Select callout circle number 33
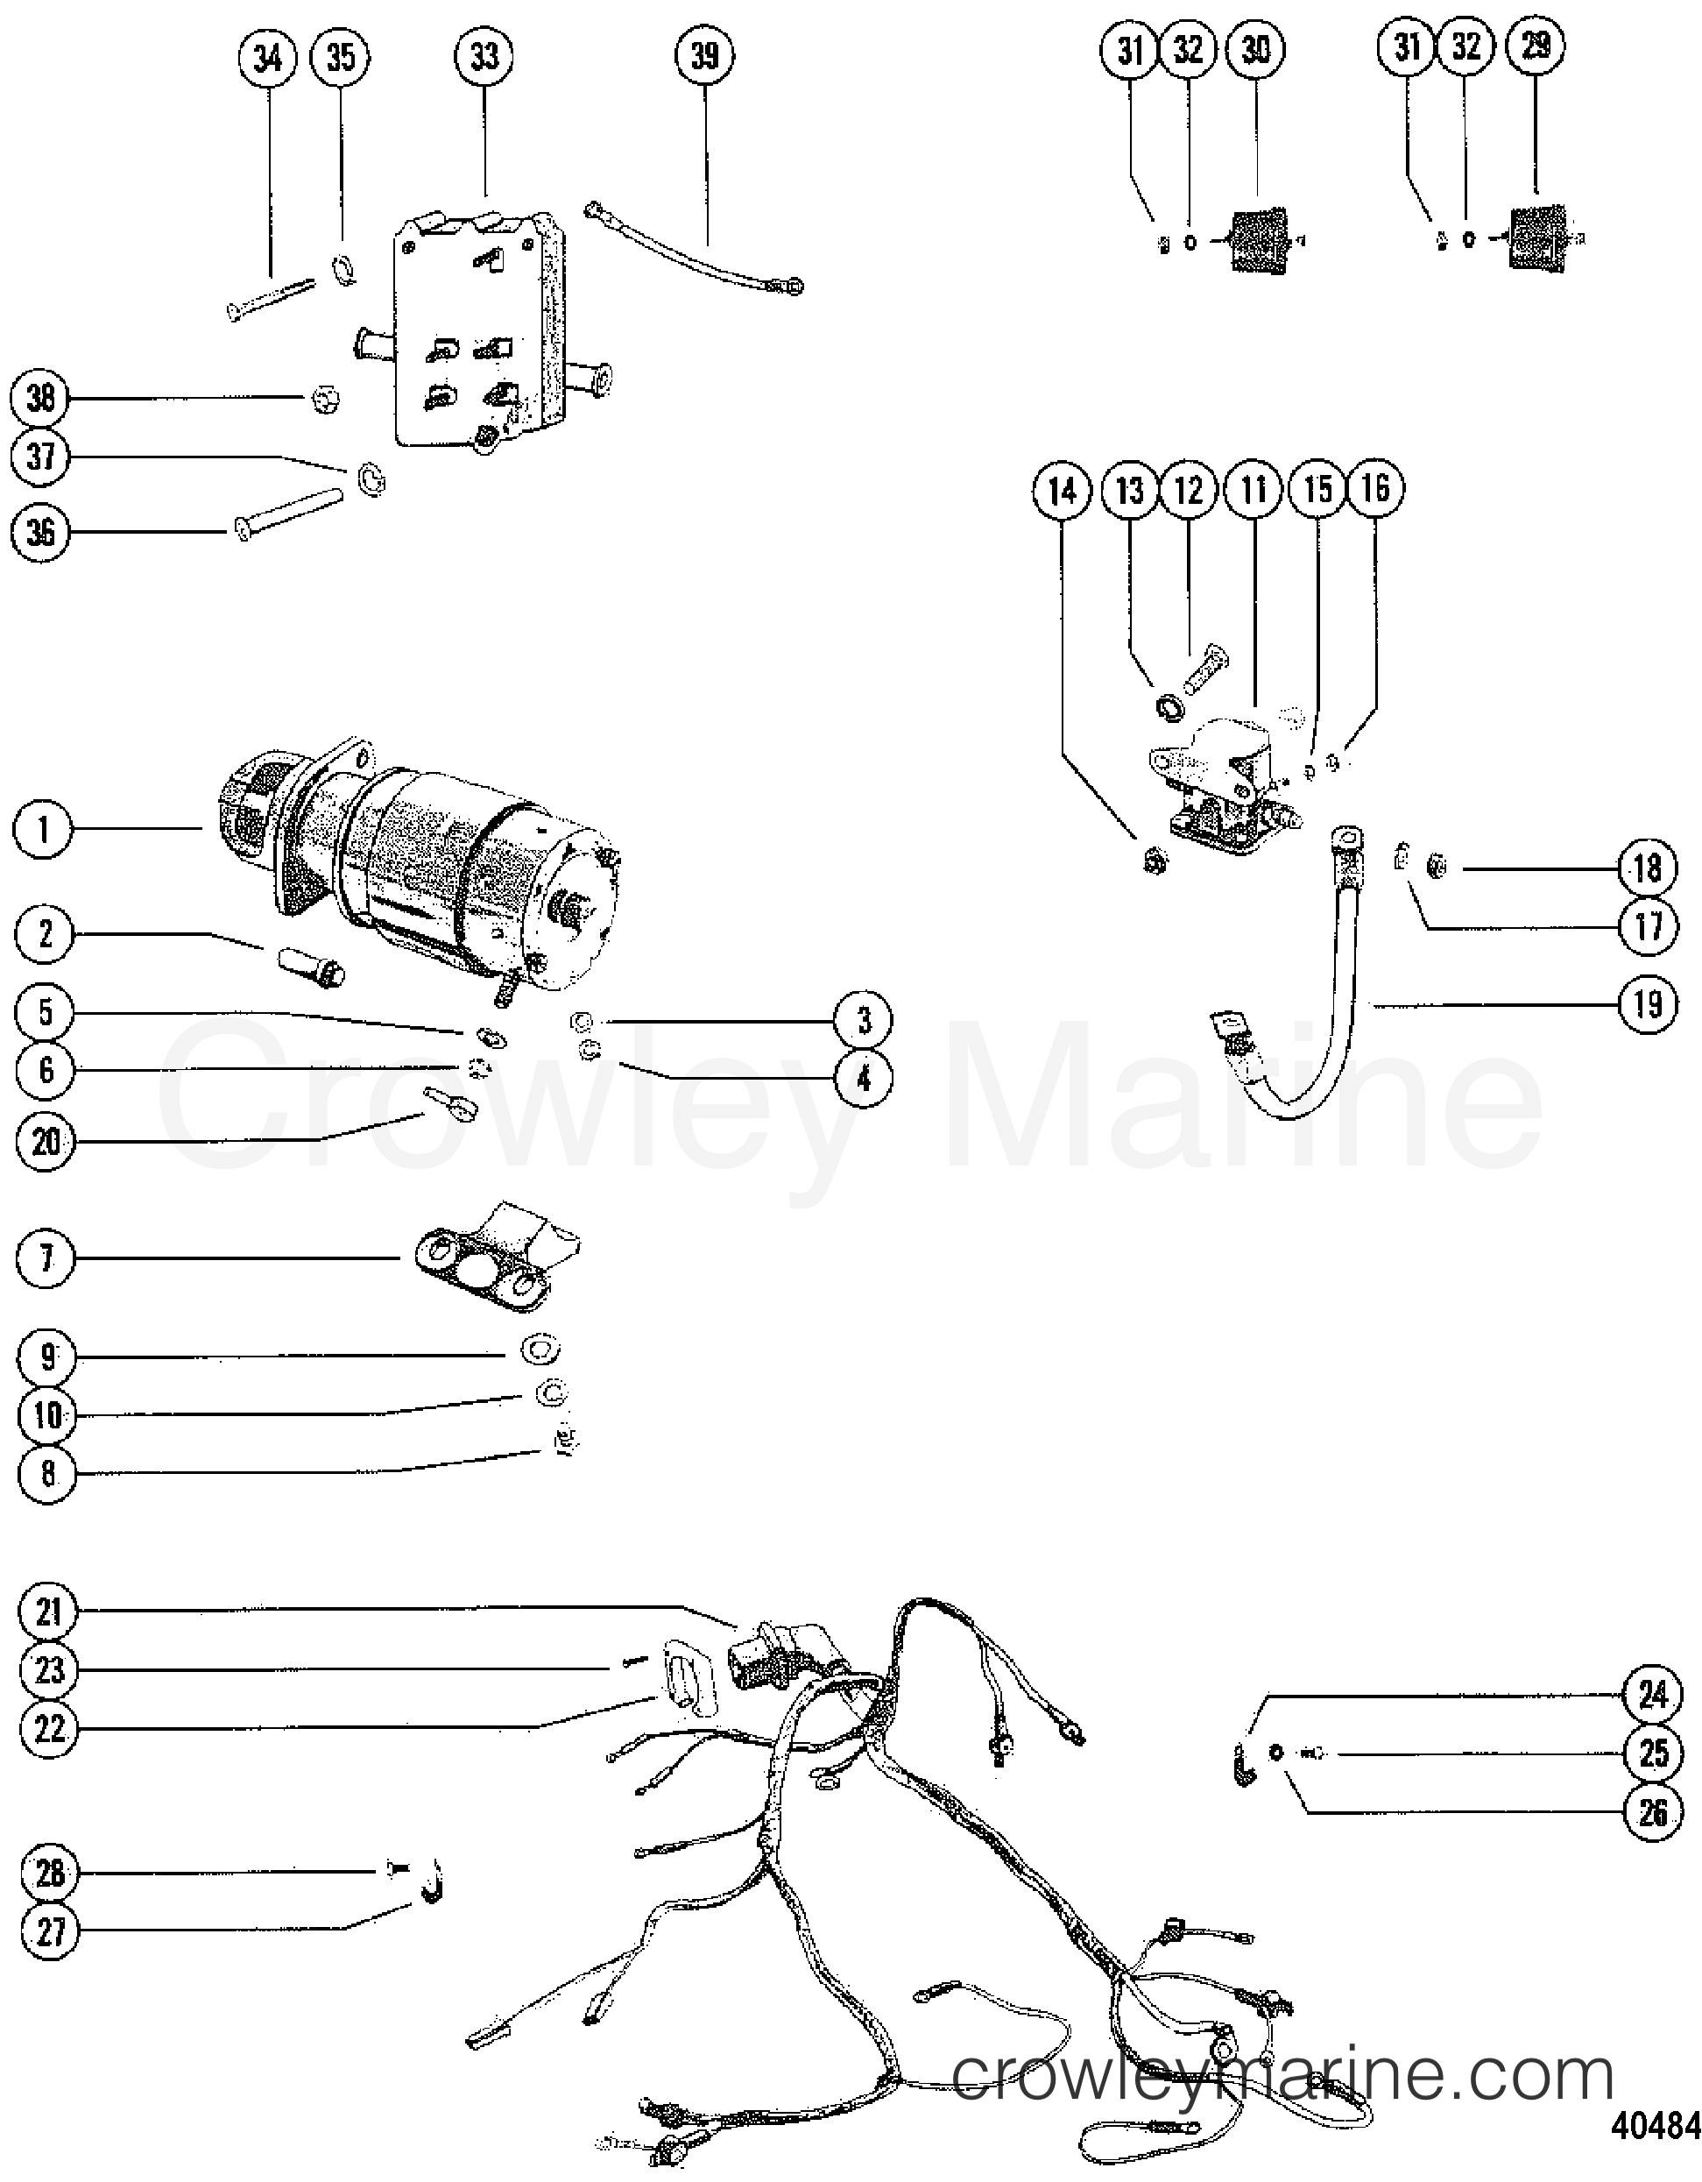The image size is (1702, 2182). (x=484, y=57)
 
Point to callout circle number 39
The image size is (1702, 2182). (x=704, y=56)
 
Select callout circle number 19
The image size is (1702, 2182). (x=1647, y=1002)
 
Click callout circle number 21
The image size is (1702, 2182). (x=49, y=1612)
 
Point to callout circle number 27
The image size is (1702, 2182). (x=49, y=1931)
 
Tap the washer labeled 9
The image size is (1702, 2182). (x=540, y=1350)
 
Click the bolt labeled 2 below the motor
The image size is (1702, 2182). (x=309, y=965)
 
